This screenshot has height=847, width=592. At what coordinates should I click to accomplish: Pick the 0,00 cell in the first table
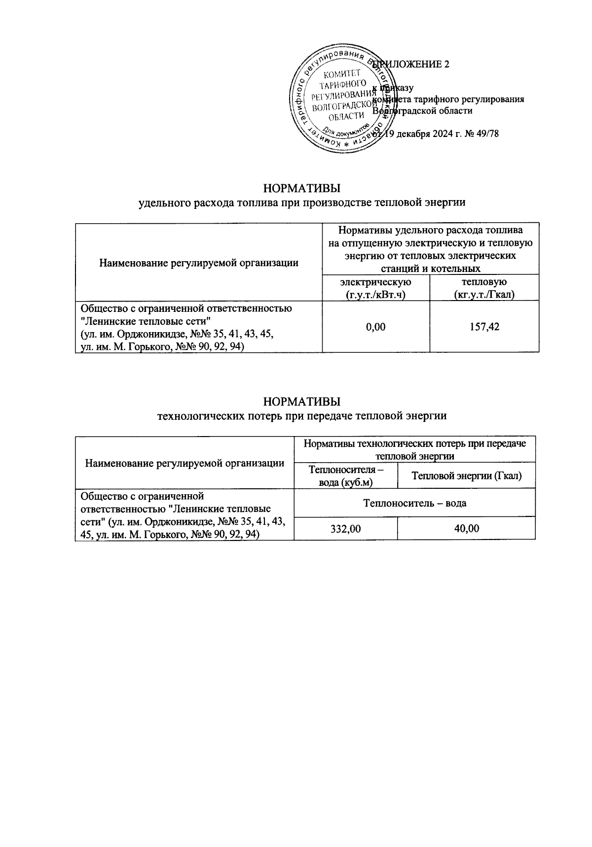click(376, 327)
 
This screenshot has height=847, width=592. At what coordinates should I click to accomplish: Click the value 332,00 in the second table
click(345, 529)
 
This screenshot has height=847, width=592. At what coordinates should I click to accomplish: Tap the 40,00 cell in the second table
click(466, 529)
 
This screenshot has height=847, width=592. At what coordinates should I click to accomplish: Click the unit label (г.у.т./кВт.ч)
click(376, 295)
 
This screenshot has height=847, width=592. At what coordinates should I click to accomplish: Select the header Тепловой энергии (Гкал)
click(466, 475)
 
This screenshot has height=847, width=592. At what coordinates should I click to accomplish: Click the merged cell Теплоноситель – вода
click(414, 503)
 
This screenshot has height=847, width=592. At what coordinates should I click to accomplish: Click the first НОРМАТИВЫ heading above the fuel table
click(302, 189)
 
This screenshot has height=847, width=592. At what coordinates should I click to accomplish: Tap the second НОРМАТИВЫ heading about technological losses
click(302, 400)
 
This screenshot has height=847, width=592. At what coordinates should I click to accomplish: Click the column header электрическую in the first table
click(376, 282)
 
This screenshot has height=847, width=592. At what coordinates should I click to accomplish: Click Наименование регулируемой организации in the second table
click(185, 463)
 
